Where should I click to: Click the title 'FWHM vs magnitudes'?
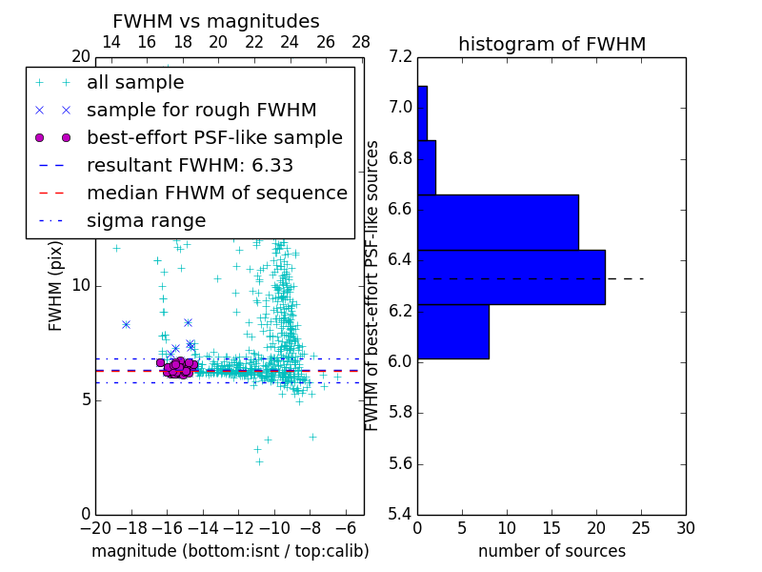pyautogui.click(x=216, y=22)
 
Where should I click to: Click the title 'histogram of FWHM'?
pyautogui.click(x=551, y=44)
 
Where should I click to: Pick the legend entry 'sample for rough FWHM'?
pyautogui.click(x=201, y=110)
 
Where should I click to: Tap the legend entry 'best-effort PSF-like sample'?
pyautogui.click(x=214, y=137)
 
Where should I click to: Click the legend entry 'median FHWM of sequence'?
pyautogui.click(x=216, y=193)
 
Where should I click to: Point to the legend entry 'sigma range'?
pyautogui.click(x=146, y=221)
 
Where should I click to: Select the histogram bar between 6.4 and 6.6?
pyautogui.click(x=497, y=222)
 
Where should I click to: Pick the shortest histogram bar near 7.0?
pyautogui.click(x=422, y=113)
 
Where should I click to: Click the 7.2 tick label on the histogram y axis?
pyautogui.click(x=399, y=56)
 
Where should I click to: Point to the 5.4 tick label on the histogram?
pyautogui.click(x=399, y=515)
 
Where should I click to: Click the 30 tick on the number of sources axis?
pyautogui.click(x=685, y=527)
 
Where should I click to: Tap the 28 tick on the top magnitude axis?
pyautogui.click(x=361, y=42)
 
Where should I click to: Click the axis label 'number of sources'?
pyautogui.click(x=551, y=551)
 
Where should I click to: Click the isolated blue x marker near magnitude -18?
pyautogui.click(x=126, y=324)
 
